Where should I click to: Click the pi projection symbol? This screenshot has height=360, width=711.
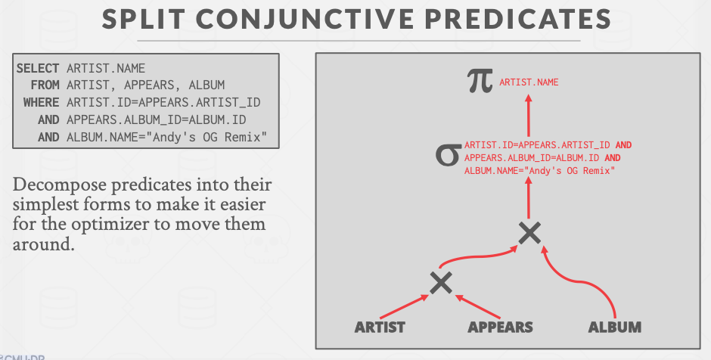480,82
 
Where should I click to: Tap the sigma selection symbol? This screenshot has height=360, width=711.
448,156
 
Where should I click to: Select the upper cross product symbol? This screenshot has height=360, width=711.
529,233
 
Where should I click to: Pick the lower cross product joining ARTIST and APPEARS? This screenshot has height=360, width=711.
440,282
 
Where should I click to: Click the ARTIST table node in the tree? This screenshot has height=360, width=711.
380,327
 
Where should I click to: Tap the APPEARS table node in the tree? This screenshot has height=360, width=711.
500,327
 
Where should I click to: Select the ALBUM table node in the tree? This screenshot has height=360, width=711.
615,327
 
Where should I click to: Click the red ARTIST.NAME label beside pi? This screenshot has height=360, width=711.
529,82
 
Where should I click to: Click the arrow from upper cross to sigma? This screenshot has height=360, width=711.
528,197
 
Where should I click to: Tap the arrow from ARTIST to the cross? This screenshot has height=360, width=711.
404,307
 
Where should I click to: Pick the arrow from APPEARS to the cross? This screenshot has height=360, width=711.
478,307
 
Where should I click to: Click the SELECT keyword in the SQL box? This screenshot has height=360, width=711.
38,69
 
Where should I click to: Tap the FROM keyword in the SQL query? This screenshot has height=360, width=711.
45,85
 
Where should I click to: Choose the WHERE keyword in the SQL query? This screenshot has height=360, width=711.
42,102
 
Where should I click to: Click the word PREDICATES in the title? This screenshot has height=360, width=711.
514,20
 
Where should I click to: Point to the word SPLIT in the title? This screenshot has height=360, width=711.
143,20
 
